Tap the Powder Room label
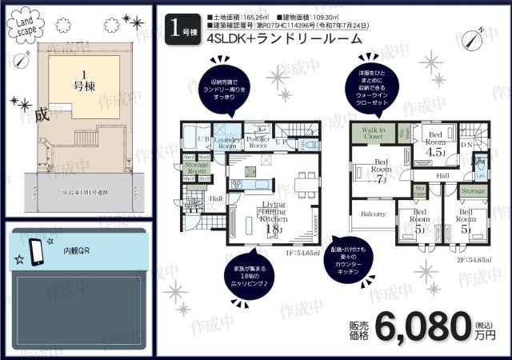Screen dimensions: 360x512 pos(258,142)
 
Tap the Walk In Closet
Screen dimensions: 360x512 pos(373,133)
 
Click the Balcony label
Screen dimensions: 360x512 pos(373,214)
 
